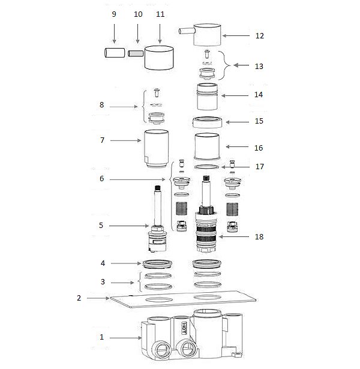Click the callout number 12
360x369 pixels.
pos(260,36)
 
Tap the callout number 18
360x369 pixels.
pos(259,236)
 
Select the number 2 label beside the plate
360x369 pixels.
pos(79,298)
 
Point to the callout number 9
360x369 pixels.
pos(114,14)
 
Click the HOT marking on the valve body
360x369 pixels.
pos(183,328)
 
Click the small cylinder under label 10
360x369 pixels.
pos(136,53)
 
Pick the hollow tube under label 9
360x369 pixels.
pos(115,53)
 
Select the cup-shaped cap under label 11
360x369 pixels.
pos(159,58)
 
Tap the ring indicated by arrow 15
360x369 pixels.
pos(207,122)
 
